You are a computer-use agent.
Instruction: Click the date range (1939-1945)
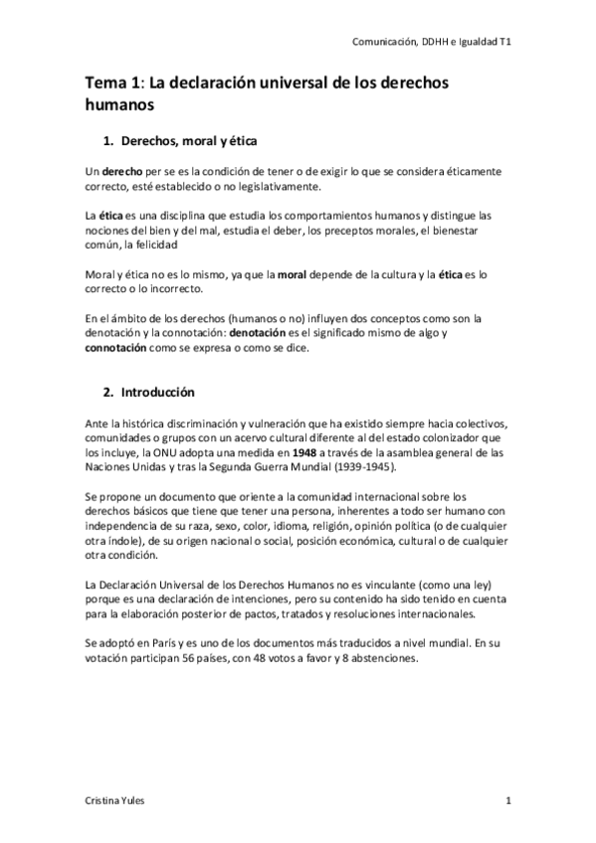click(x=350, y=467)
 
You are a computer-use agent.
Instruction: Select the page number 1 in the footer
click(x=508, y=801)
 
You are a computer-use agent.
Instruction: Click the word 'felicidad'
click(x=153, y=244)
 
